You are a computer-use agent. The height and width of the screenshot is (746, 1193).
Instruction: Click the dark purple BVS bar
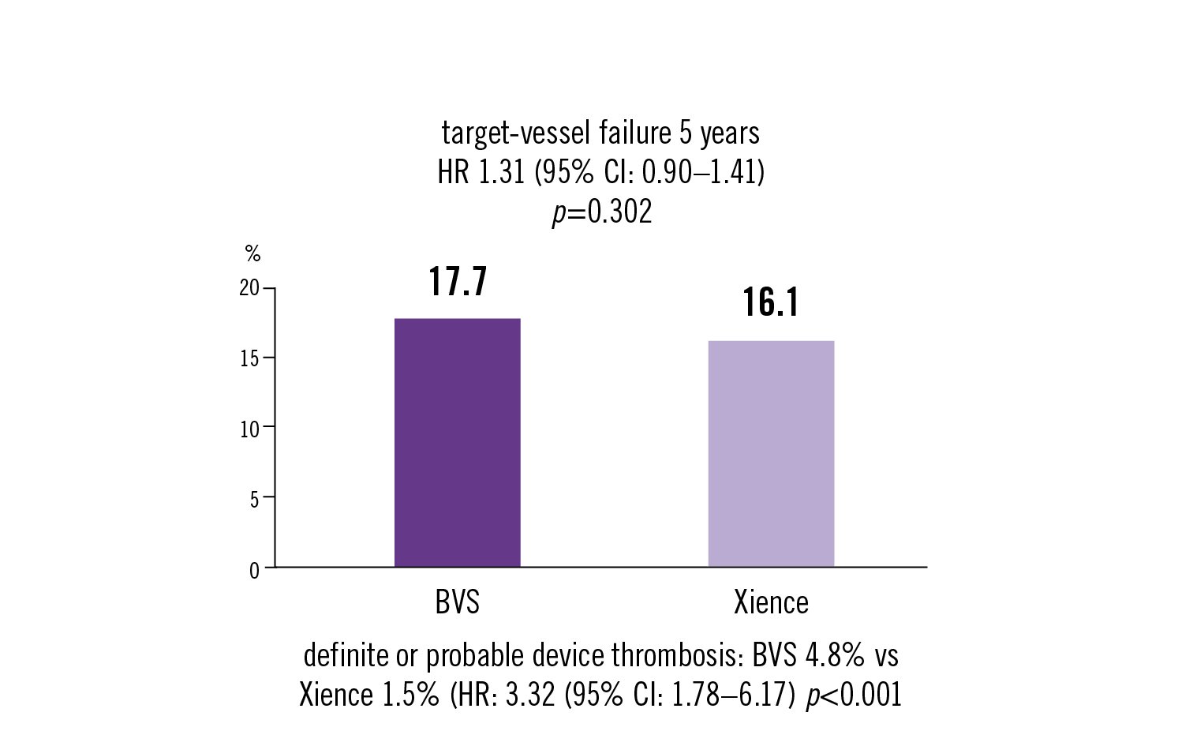[x=457, y=442]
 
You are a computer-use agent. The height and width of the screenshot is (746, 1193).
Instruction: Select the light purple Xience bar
[x=771, y=453]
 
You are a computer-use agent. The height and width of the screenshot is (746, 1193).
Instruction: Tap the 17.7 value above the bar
[x=458, y=282]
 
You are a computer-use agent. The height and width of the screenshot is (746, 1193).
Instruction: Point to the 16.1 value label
[x=771, y=303]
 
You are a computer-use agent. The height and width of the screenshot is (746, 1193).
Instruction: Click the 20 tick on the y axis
[x=249, y=288]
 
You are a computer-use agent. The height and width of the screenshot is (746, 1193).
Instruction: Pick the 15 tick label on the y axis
[x=249, y=358]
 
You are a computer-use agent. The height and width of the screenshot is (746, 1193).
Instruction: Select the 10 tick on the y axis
[x=249, y=429]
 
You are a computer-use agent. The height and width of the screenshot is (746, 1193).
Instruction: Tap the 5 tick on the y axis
[x=254, y=499]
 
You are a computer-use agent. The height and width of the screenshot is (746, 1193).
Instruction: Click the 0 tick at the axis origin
[x=254, y=570]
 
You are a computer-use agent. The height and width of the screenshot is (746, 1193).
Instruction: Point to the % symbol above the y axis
[x=252, y=253]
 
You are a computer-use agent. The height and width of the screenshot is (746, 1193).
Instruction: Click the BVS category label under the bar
[x=457, y=602]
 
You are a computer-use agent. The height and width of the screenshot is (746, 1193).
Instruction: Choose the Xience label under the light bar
[x=771, y=602]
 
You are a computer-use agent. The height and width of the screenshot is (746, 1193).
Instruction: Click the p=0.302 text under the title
[x=601, y=212]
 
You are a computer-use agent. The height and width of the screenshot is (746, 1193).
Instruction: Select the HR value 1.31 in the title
[x=502, y=172]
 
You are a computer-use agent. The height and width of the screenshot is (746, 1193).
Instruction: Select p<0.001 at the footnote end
[x=853, y=695]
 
